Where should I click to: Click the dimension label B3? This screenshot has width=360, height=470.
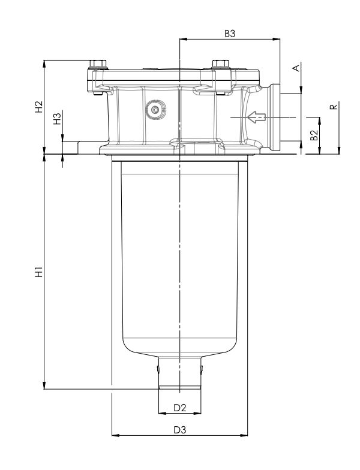click(x=230, y=34)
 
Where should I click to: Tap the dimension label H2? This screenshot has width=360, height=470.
click(x=39, y=107)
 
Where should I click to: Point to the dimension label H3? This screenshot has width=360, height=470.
click(x=57, y=118)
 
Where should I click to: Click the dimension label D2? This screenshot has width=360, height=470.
click(x=179, y=408)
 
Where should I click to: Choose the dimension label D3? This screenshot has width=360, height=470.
click(x=179, y=429)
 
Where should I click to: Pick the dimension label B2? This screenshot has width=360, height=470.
click(x=313, y=135)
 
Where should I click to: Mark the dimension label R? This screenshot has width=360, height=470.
click(x=334, y=107)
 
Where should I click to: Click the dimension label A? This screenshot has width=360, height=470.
click(x=295, y=68)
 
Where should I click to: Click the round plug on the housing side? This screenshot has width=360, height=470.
click(x=157, y=110)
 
